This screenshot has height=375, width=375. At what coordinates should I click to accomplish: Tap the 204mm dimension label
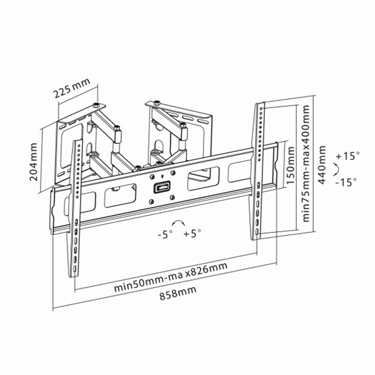tap(34, 162)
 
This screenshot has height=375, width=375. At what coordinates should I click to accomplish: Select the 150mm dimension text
tap(291, 165)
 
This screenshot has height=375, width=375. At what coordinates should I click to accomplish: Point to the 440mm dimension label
tap(322, 165)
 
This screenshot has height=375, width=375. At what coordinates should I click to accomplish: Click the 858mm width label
tap(178, 292)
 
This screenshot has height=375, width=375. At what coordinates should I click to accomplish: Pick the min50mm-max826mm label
tap(171, 277)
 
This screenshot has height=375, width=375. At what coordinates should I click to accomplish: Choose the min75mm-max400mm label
tap(306, 164)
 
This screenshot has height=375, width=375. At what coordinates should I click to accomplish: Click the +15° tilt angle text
tap(347, 156)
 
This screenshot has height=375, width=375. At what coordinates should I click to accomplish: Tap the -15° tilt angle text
tap(346, 182)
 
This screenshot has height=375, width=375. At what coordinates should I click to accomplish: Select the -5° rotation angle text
tap(165, 234)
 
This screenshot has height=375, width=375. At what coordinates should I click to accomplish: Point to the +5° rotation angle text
tap(192, 233)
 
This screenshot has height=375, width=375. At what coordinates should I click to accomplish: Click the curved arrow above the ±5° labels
tap(179, 221)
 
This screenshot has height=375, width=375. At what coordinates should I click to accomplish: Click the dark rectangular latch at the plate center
tap(162, 187)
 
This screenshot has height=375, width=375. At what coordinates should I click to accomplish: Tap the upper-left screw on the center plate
tap(152, 177)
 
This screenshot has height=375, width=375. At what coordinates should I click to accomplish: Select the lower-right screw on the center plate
tap(172, 197)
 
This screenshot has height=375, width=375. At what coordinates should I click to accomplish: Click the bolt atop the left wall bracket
tap(96, 105)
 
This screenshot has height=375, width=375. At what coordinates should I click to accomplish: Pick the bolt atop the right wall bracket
tap(157, 102)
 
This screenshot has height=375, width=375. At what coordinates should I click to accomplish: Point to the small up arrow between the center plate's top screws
tap(162, 176)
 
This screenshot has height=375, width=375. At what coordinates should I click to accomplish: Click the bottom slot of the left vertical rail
tap(75, 269)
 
